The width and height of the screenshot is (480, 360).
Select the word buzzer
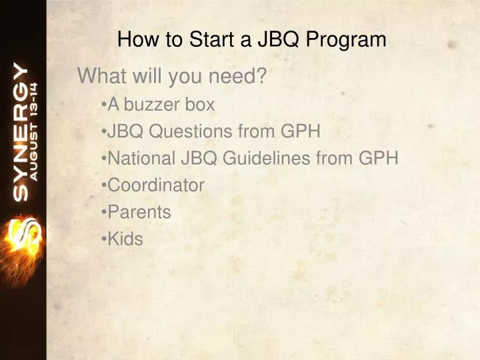153,105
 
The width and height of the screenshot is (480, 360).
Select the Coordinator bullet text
156,185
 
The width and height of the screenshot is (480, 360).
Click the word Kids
125,239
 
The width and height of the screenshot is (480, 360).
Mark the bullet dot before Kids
105,239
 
